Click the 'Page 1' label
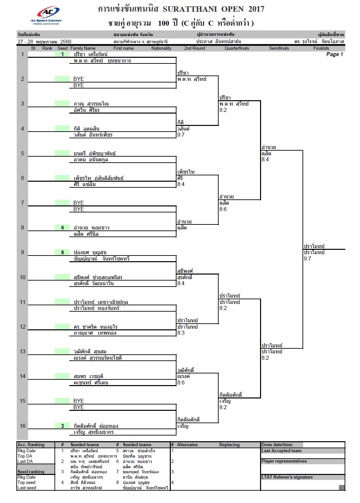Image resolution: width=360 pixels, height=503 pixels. pos(334,54)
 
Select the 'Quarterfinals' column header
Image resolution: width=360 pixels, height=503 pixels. pos(237,48)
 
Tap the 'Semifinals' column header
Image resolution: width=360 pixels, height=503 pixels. pos(279,48)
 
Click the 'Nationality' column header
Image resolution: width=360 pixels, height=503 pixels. pos(161,48)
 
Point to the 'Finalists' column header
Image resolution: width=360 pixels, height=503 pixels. pos(321,48)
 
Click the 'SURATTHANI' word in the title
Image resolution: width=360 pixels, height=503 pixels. pos(190,9)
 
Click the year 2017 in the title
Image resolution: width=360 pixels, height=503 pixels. pos(256,9)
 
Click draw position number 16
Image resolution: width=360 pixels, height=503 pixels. pos(22,426)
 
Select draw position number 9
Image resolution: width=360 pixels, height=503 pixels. pos(22,253)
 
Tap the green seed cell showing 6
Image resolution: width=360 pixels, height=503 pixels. pos(63,228)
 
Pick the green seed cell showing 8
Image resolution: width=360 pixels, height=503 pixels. pos(63,253)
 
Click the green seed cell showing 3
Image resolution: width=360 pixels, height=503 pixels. pos(63,426)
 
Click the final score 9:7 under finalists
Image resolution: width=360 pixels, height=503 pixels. pos(307,259)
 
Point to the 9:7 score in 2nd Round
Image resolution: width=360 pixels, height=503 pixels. pos(181,135)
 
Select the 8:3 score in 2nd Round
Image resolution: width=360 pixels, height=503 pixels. pos(181,333)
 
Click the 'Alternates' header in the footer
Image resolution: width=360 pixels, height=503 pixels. pos(187,445)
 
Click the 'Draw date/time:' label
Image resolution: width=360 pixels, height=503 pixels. pos(277,445)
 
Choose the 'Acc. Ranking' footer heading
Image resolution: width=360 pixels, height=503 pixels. pos(31,445)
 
